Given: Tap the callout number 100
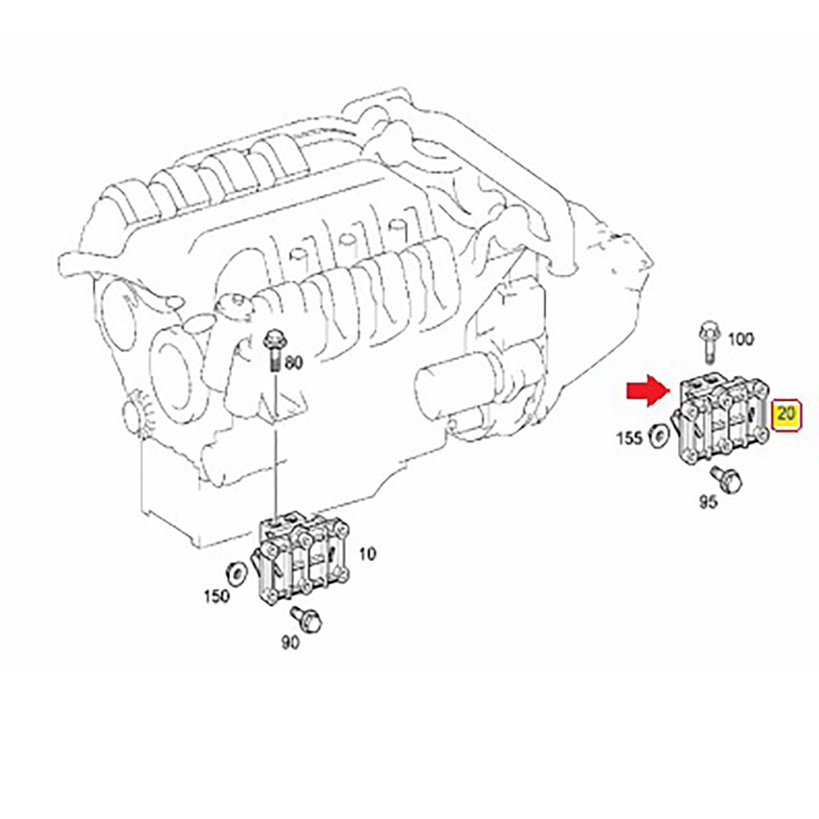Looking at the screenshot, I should coord(740,338).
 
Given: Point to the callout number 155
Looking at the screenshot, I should coord(629,437).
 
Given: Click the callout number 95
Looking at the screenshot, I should coord(708,500).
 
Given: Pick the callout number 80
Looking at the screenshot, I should coord(293,361).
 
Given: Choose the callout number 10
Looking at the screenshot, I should coord(368,554).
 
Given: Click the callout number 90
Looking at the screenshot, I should coord(289,643).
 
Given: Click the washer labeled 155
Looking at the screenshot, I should coord(658,436).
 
